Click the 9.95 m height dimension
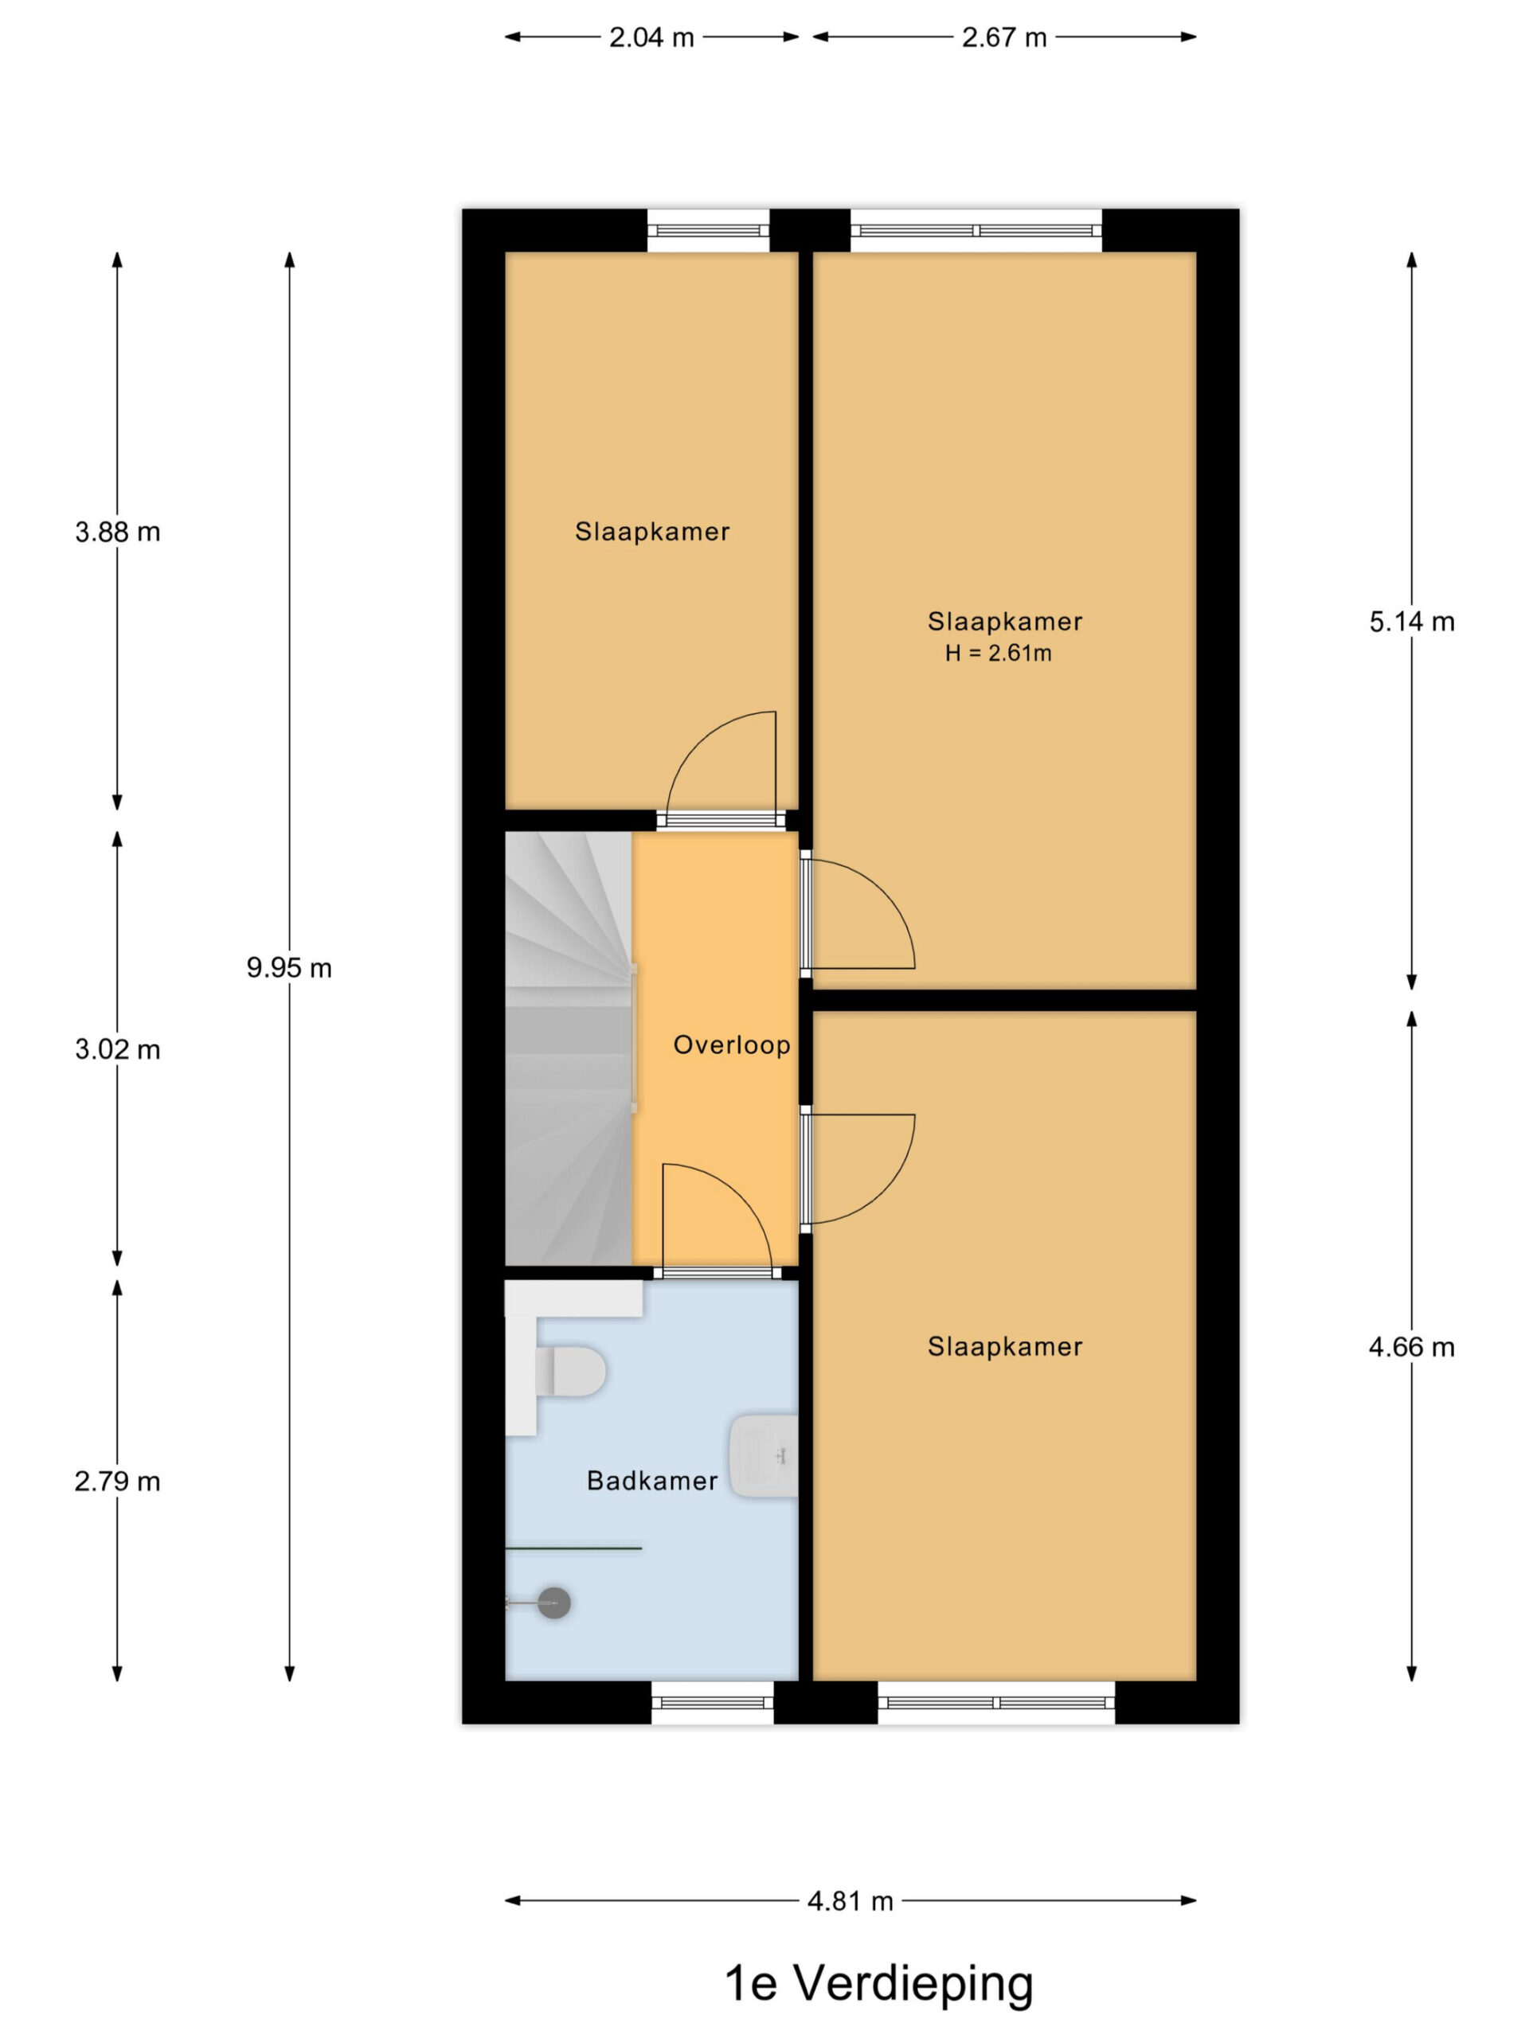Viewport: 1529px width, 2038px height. click(288, 967)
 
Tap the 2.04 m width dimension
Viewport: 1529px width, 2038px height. click(651, 37)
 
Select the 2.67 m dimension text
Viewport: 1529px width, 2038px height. click(1003, 37)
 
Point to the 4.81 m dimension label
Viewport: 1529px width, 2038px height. click(850, 1901)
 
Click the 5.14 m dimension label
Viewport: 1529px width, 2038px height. click(1411, 622)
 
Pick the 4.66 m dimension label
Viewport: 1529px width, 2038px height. click(1411, 1347)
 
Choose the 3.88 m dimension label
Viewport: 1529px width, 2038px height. click(117, 532)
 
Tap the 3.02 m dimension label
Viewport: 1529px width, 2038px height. click(117, 1049)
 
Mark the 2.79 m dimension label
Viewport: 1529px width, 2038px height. click(117, 1482)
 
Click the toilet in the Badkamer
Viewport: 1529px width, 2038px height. click(570, 1371)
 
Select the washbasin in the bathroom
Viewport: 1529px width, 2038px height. click(764, 1457)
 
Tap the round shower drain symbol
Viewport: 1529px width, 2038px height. click(554, 1603)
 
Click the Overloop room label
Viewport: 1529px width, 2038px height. click(732, 1044)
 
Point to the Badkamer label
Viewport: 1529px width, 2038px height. click(651, 1481)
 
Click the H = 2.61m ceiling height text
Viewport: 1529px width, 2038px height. click(998, 654)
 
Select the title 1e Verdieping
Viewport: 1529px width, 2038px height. click(878, 1983)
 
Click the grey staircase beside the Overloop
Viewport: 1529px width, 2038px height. click(569, 1048)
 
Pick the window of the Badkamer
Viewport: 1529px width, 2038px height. click(713, 1703)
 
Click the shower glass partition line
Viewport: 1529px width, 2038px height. click(573, 1548)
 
